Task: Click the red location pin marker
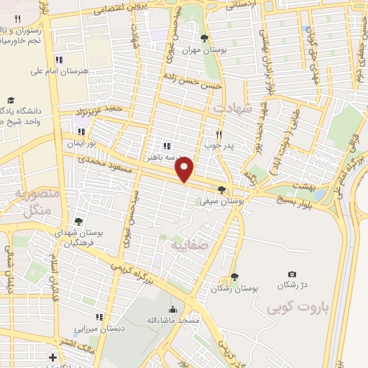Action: click(185, 170)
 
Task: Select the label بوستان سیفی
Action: click(222, 202)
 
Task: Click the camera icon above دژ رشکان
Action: click(292, 274)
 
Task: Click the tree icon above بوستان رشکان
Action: click(234, 277)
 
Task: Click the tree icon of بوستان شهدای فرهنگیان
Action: click(78, 221)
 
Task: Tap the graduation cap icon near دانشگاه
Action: click(10, 101)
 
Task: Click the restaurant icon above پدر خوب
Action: click(221, 134)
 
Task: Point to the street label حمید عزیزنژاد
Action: click(101, 111)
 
